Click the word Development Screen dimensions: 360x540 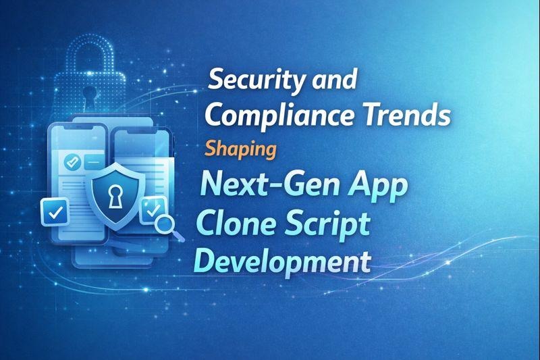[281, 261]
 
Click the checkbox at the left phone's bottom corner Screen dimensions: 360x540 [54, 212]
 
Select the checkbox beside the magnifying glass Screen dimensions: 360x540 [150, 211]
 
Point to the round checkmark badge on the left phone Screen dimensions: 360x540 [70, 163]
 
